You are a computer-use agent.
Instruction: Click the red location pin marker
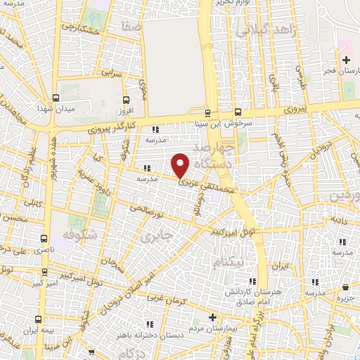point(181,165)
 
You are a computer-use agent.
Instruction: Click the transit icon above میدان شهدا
point(55,98)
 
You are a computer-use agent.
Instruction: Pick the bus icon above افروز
point(126,100)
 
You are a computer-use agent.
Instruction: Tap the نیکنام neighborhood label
point(233,261)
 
